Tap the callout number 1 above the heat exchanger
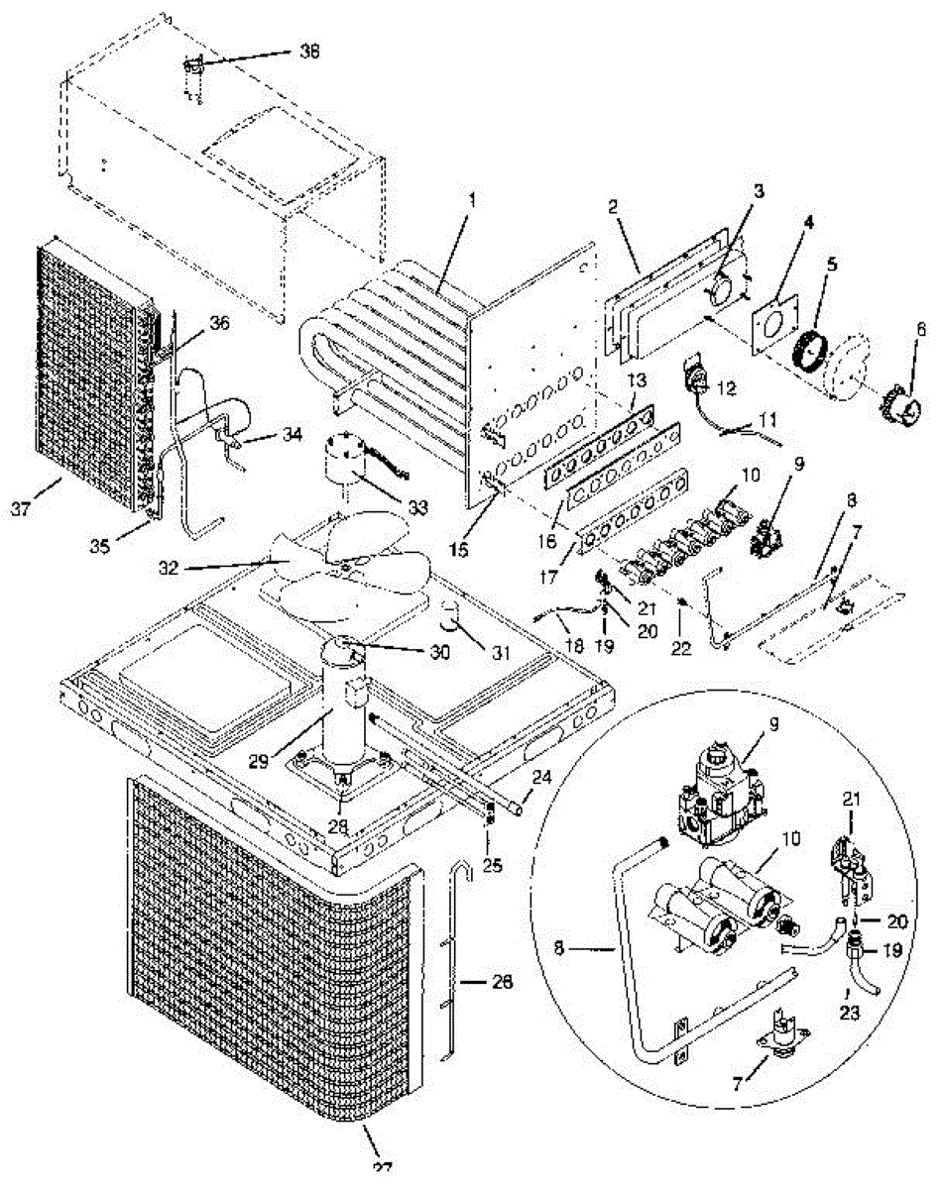(x=473, y=198)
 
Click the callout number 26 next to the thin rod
(x=504, y=984)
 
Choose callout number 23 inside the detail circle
(x=850, y=1014)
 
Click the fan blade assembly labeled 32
(x=342, y=570)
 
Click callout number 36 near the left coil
(x=220, y=323)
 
